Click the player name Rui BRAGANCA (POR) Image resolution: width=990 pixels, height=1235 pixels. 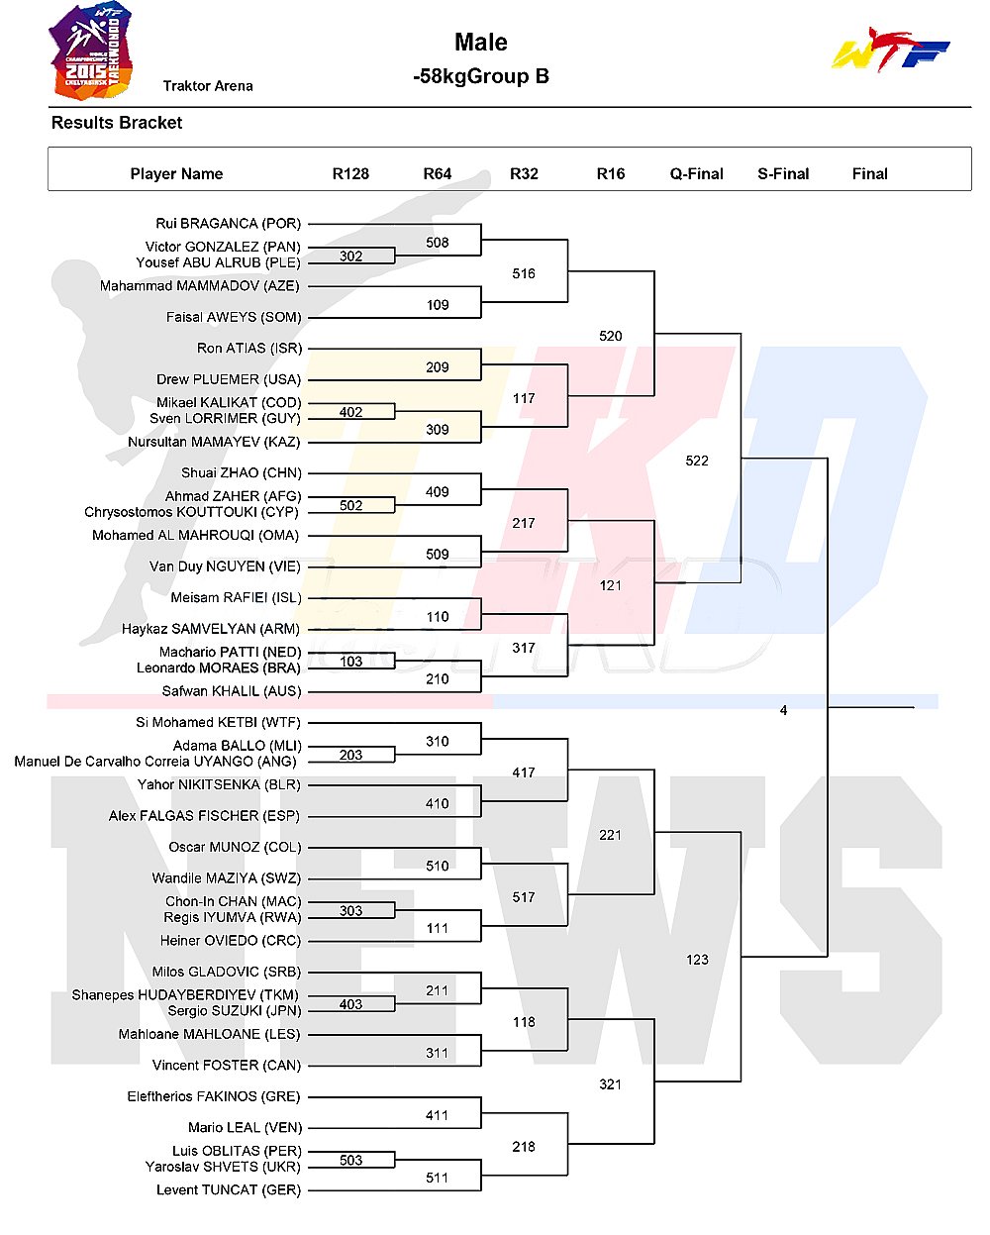[229, 223]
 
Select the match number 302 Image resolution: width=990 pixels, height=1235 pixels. [351, 256]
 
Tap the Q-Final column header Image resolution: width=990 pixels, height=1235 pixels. [696, 174]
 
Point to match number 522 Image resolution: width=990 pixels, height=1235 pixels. [697, 461]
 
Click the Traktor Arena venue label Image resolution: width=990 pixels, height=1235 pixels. [208, 86]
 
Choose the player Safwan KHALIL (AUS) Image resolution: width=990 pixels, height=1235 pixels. [231, 691]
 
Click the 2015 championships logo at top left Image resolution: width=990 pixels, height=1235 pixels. [92, 51]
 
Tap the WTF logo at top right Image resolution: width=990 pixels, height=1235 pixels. [891, 50]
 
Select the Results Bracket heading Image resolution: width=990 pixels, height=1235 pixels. [117, 123]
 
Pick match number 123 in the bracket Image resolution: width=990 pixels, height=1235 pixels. [697, 960]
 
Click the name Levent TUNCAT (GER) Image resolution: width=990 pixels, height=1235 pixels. [229, 1189]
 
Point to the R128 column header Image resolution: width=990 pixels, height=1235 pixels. [350, 174]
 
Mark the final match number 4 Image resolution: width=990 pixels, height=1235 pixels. [783, 710]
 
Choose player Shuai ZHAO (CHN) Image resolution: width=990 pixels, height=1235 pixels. [242, 472]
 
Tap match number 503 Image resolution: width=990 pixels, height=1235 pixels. [351, 1161]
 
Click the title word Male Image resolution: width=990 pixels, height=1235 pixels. [481, 42]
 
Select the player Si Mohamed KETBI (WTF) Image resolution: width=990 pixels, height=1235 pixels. [218, 723]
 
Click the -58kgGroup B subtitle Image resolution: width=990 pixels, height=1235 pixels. [481, 76]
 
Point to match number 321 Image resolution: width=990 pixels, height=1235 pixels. [610, 1084]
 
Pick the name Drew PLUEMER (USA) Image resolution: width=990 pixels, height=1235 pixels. [229, 379]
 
